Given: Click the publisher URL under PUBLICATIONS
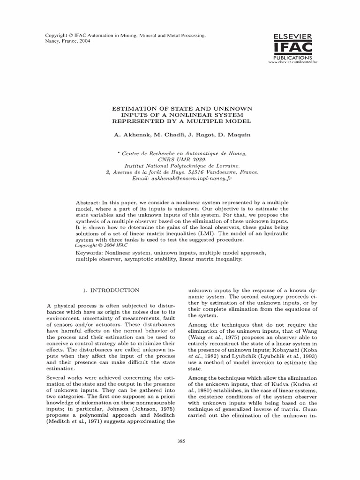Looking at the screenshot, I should point(291,62).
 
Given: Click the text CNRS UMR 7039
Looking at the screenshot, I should point(182,159).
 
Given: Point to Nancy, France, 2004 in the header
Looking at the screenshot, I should point(67,41).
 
